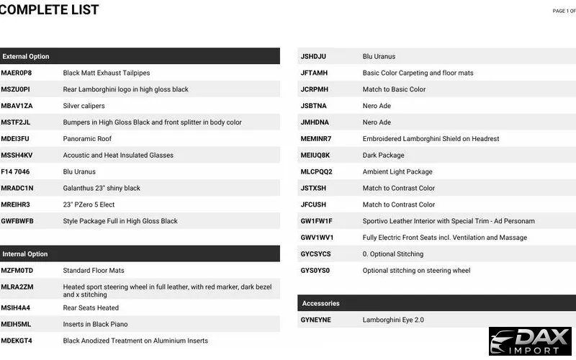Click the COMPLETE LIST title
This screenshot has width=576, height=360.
(x=50, y=10)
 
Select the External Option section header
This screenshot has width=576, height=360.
(x=26, y=56)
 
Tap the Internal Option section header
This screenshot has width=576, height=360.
(x=25, y=253)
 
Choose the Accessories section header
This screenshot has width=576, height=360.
(x=320, y=303)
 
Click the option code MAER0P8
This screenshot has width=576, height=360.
(x=16, y=73)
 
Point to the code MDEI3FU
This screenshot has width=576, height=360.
(x=15, y=138)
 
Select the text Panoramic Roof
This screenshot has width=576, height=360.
(x=87, y=138)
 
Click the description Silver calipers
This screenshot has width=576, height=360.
(x=84, y=106)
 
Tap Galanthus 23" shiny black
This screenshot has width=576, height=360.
(x=102, y=188)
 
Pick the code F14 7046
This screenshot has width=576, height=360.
(x=17, y=171)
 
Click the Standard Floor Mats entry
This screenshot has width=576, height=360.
(x=94, y=270)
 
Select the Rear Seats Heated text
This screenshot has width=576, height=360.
(x=91, y=307)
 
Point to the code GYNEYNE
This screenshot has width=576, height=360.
(x=315, y=320)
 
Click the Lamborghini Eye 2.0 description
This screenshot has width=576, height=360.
(x=393, y=320)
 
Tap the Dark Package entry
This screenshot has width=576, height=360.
(x=383, y=155)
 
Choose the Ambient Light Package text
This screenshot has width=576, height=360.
(x=397, y=171)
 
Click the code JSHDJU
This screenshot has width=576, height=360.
(x=313, y=56)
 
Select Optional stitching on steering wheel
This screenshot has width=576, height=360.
(x=416, y=270)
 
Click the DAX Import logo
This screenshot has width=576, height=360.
(x=531, y=341)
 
